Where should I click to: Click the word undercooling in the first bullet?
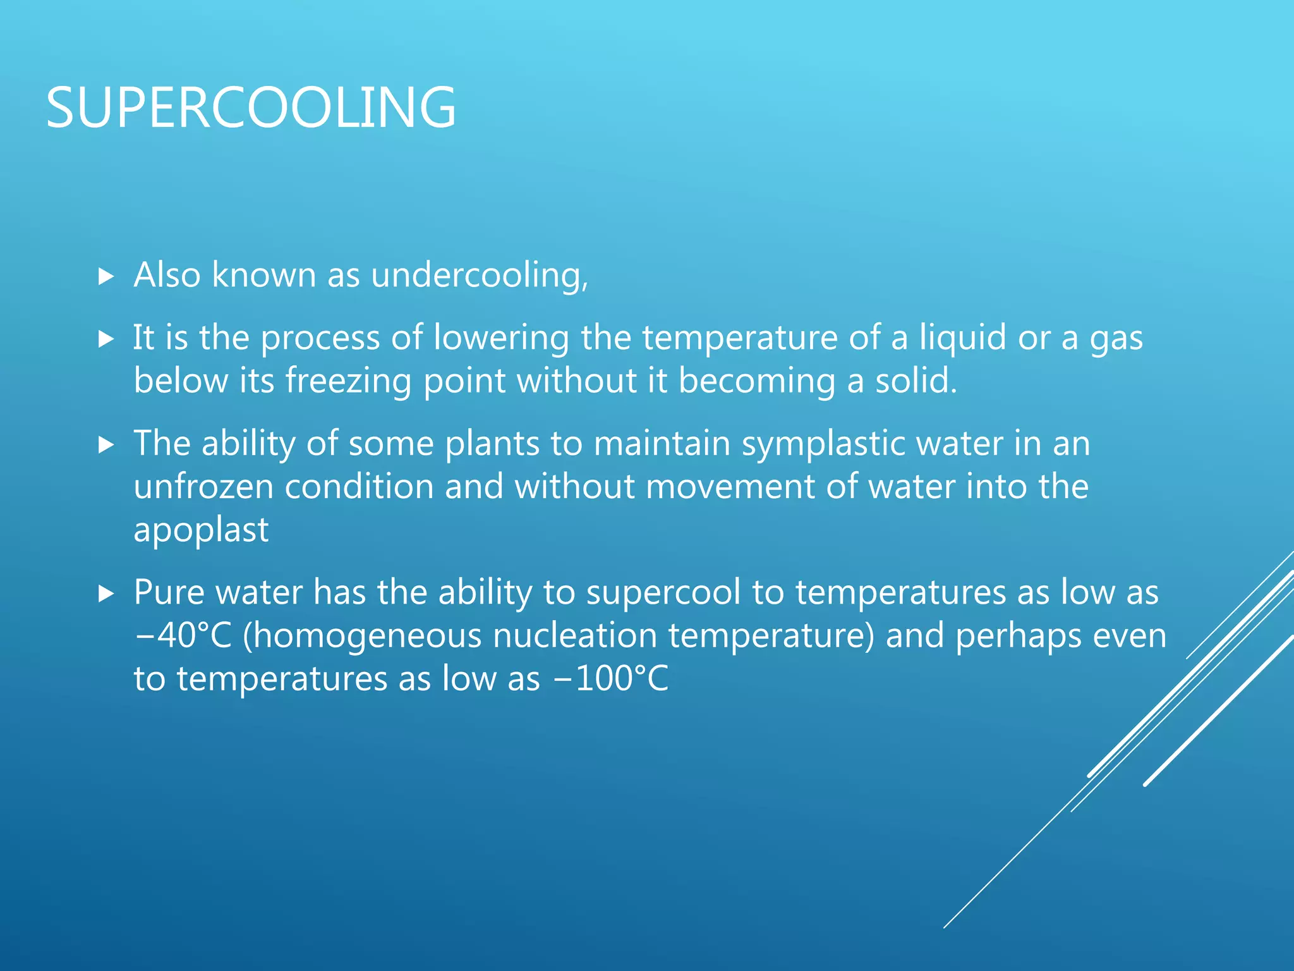point(479,276)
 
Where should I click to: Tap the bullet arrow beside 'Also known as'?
point(106,276)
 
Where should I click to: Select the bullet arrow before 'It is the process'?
point(106,339)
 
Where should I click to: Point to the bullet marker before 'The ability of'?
point(106,445)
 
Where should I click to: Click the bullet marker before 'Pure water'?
point(106,594)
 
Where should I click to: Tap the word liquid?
point(962,338)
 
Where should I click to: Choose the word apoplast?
point(201,530)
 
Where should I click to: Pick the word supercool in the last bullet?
point(663,594)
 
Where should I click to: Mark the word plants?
point(492,444)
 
